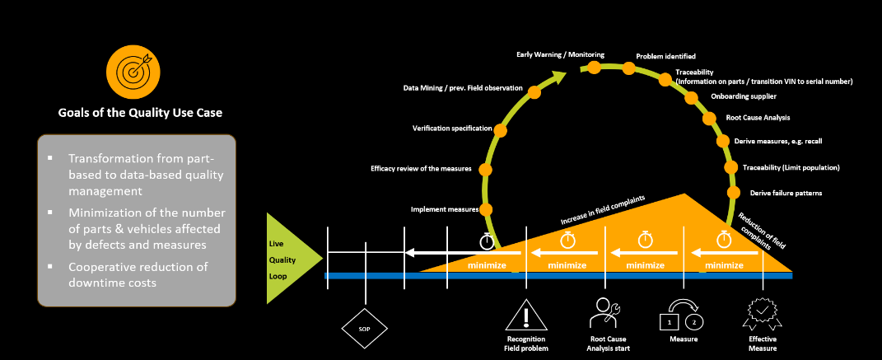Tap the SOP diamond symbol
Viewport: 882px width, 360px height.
[x=364, y=328]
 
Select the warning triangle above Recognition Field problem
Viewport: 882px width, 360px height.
[x=526, y=316]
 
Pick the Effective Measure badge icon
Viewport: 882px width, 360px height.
[x=762, y=315]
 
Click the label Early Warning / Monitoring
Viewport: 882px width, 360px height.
[x=560, y=54]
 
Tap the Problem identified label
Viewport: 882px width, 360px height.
[x=665, y=57]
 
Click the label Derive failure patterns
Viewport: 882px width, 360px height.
[x=787, y=193]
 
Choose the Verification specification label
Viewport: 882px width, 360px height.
[x=452, y=129]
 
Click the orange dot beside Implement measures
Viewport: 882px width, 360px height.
[x=486, y=209]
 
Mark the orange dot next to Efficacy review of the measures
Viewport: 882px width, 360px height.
[x=485, y=169]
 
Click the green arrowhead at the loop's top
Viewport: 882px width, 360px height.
[x=559, y=77]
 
